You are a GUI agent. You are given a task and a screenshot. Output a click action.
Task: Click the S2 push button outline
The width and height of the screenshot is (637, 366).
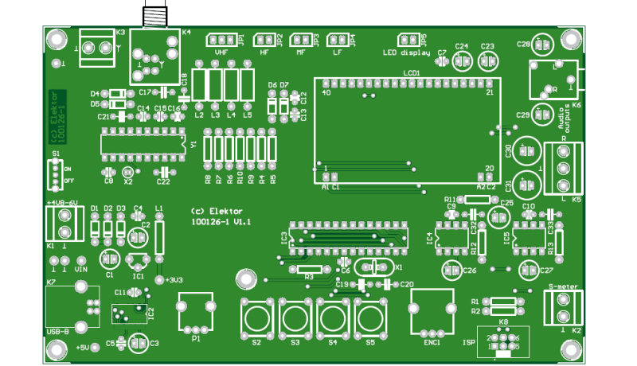[256, 318]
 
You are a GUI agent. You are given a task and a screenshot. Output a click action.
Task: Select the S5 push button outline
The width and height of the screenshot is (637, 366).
[369, 318]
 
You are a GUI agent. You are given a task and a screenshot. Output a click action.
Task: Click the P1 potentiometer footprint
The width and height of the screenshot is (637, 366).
[195, 313]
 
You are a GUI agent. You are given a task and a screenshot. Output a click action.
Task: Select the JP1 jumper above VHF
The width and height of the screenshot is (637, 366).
[221, 40]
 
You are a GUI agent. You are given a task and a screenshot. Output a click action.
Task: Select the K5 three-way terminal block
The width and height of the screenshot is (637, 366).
[565, 168]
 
